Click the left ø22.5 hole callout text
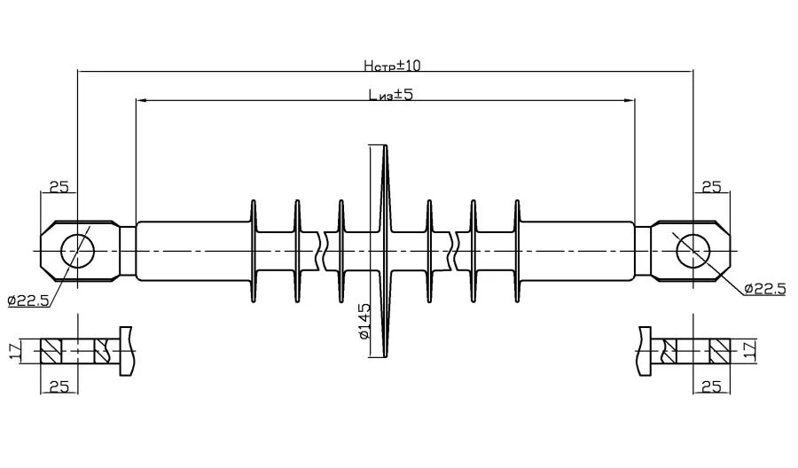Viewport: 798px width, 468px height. (29, 300)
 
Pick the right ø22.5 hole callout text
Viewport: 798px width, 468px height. (764, 289)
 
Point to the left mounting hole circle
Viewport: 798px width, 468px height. (77, 251)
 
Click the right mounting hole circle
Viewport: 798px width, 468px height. (693, 251)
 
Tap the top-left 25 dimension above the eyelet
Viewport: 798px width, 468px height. (59, 186)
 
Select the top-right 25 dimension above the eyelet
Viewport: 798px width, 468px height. (711, 186)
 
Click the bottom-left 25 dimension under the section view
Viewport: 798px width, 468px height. (59, 386)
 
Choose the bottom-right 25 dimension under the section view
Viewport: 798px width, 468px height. (711, 386)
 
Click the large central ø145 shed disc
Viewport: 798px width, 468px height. (385, 251)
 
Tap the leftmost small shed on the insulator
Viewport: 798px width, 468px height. (253, 251)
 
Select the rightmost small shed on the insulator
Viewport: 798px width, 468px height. (517, 251)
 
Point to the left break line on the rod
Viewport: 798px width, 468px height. (321, 251)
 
